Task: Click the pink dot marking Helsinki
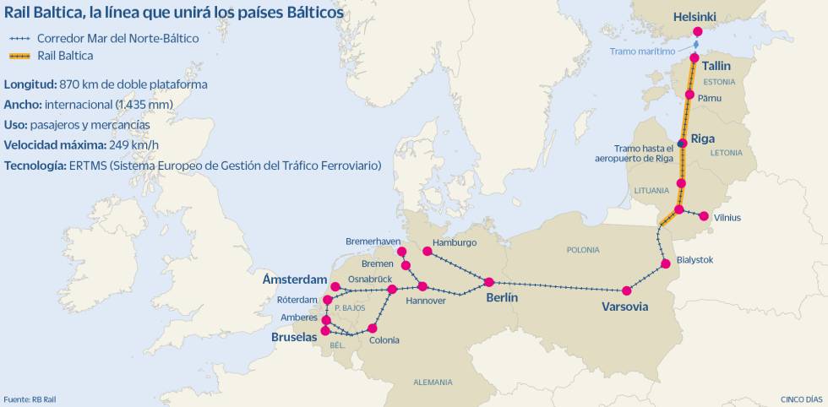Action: tap(697, 32)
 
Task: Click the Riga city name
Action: tap(703, 138)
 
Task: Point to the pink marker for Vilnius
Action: tap(703, 216)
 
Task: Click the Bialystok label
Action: tap(695, 260)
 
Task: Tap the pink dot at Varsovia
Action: tap(627, 290)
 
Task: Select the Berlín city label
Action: tap(502, 298)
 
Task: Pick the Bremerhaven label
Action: tap(373, 241)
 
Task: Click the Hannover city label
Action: tap(426, 301)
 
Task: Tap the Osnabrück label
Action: tap(371, 279)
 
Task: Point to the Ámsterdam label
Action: tap(294, 279)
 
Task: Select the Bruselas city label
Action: tap(293, 336)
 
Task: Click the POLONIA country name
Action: tap(583, 250)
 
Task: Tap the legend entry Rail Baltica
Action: tap(65, 56)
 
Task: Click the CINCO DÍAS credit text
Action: tap(801, 399)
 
